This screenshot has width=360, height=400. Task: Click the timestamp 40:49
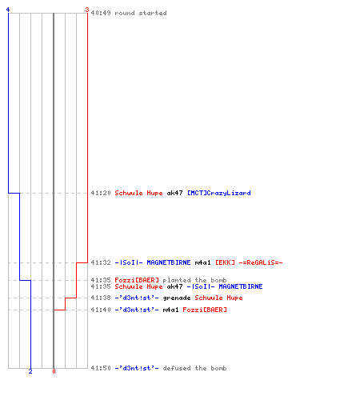pos(101,13)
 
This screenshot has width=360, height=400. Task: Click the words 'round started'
pos(141,13)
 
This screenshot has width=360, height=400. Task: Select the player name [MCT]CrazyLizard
pos(219,193)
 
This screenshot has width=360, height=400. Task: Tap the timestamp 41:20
pos(101,193)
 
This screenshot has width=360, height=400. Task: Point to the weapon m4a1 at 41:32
pos(202,262)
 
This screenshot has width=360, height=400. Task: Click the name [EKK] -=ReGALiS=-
pos(249,262)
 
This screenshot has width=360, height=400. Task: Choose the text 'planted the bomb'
pos(194,280)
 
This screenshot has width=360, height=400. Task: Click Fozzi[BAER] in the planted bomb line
pos(137,280)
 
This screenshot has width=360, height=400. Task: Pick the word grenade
pos(177,298)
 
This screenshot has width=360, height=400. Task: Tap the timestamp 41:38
pos(101,298)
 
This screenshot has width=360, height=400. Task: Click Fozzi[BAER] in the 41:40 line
pos(205,310)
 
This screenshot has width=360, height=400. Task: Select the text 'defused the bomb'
pos(194,368)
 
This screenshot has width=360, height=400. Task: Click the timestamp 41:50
pos(101,368)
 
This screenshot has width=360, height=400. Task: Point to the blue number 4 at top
pos(8,10)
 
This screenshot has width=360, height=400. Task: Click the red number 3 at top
pos(87,10)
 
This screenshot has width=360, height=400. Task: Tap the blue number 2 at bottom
pos(30,371)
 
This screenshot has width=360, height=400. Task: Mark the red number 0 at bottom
pos(54,371)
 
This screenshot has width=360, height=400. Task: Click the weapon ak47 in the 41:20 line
pos(174,193)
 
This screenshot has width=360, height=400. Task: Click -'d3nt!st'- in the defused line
pos(137,368)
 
